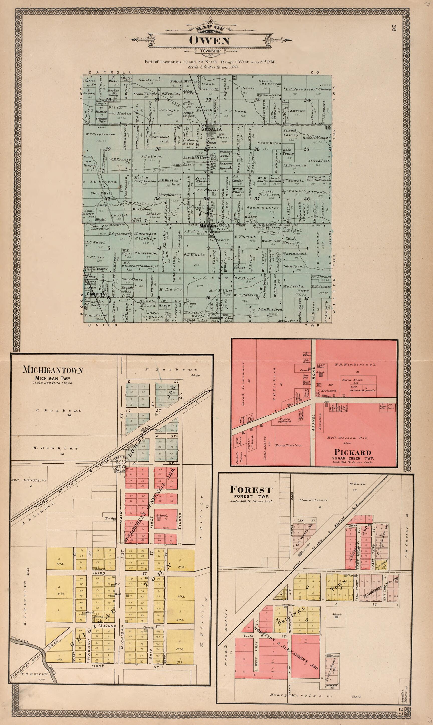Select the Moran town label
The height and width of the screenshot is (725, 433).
coord(208,226)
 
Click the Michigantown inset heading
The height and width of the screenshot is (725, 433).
coord(53,371)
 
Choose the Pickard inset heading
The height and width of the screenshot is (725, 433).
coord(353,453)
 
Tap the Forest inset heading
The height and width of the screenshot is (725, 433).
coord(251,489)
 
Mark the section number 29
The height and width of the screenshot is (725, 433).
coord(108,149)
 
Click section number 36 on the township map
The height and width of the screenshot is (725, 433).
coord(307,199)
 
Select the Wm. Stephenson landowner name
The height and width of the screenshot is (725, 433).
coord(100,135)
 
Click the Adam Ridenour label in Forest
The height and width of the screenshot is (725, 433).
coord(313,500)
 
